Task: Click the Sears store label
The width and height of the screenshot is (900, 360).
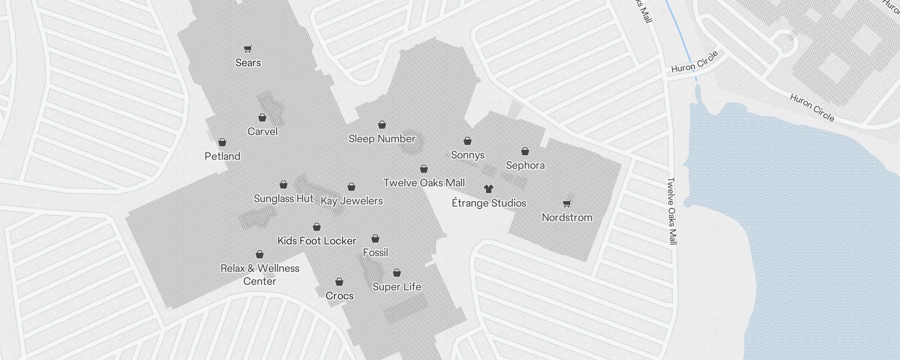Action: [248, 63]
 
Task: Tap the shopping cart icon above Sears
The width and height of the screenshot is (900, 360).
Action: [247, 49]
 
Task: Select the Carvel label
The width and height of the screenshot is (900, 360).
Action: [262, 131]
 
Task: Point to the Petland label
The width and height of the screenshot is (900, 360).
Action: [222, 156]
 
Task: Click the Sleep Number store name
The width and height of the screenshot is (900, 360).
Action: [382, 139]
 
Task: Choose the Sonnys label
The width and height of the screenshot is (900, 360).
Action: [468, 155]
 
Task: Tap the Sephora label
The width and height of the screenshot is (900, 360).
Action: [525, 165]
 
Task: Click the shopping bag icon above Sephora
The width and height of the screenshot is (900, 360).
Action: [525, 151]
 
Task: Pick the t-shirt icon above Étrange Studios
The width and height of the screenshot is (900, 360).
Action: [489, 189]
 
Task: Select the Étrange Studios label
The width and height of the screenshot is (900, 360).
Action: [489, 203]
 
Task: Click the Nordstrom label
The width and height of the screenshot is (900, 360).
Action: [567, 217]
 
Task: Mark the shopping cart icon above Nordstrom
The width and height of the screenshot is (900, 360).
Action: [567, 203]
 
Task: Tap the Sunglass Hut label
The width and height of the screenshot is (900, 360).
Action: [283, 198]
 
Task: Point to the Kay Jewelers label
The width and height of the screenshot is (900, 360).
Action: [351, 201]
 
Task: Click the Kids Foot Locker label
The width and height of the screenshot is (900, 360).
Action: [317, 241]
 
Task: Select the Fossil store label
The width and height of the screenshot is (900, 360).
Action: [375, 252]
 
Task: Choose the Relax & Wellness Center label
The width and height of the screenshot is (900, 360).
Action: [260, 274]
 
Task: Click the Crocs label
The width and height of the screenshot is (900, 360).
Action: [339, 296]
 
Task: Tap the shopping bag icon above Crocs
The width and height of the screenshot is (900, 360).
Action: [339, 282]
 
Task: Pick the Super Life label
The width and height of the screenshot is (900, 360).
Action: [397, 287]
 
